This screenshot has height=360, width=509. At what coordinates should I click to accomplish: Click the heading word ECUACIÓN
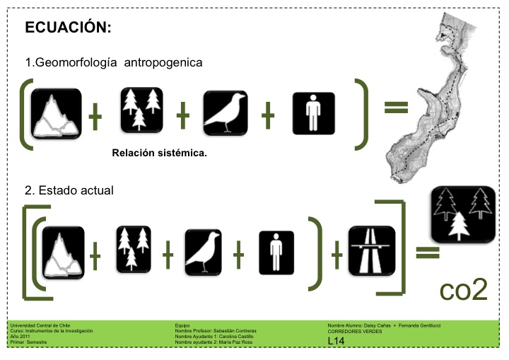tap(68, 28)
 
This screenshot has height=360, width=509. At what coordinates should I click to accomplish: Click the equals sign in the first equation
tap(397, 108)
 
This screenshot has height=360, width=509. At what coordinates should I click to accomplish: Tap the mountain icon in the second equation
tap(63, 252)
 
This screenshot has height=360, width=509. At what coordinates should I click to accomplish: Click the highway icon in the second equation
tap(371, 250)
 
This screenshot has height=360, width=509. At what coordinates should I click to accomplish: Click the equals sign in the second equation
tap(423, 252)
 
